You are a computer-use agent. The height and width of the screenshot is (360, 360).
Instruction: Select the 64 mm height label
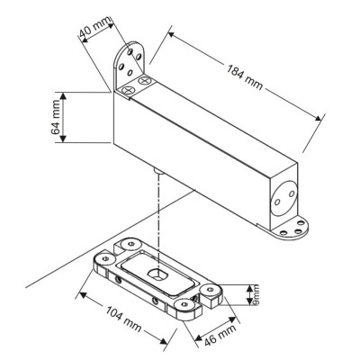[x=56, y=117]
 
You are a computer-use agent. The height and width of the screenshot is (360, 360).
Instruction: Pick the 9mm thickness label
[x=256, y=295]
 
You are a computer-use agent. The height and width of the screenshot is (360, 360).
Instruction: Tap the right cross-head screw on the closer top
[x=145, y=81]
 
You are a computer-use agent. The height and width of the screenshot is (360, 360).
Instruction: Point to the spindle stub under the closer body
[x=158, y=172]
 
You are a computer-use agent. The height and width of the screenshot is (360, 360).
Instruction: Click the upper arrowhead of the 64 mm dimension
[x=63, y=96]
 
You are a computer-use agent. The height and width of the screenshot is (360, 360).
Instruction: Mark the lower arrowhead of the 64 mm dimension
[x=63, y=139]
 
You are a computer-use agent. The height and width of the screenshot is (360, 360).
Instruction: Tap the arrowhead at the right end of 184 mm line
[x=318, y=118]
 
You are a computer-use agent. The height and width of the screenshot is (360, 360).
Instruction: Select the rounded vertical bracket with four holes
[x=130, y=65]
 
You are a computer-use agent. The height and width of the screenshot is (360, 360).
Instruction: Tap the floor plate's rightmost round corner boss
[x=211, y=290]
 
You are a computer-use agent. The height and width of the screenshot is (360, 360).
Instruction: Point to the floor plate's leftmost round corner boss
[x=104, y=258]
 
